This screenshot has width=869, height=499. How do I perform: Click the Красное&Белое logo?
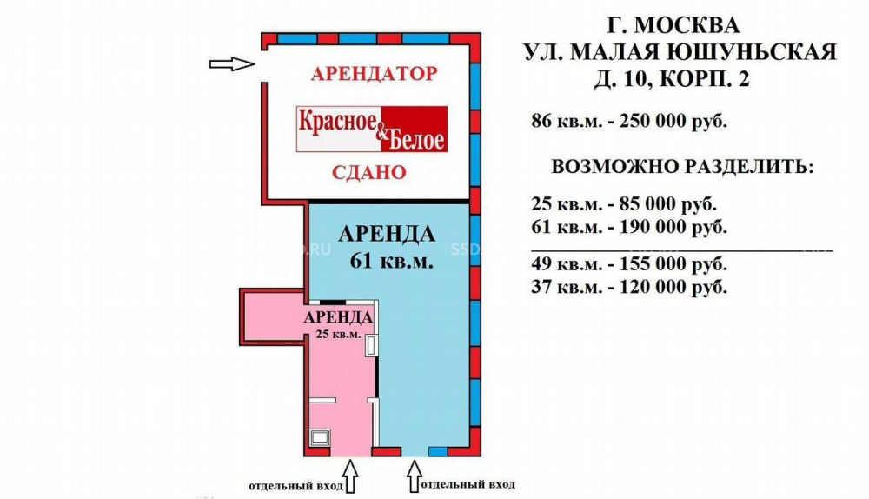[x=372, y=130]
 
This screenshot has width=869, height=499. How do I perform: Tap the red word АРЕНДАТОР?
[x=374, y=74]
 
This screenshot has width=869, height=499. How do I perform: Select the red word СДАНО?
[x=369, y=172]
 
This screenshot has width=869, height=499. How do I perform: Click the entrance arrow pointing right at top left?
[x=232, y=63]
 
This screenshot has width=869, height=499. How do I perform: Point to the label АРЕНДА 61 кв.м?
[x=387, y=247]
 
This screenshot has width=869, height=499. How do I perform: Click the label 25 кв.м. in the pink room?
[x=338, y=335]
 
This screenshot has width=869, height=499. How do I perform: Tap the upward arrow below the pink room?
[x=351, y=476]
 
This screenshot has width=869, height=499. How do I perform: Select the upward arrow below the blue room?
[x=415, y=476]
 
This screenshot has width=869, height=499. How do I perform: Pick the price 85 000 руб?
[x=667, y=204]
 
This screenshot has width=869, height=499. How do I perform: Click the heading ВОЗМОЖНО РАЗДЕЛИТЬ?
[x=683, y=167]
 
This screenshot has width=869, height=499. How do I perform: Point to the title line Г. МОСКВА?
[x=673, y=25]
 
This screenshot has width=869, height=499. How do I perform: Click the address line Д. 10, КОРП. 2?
[x=672, y=79]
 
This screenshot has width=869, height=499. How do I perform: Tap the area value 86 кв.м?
[x=567, y=121]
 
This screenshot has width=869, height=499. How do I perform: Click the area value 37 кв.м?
[x=567, y=287]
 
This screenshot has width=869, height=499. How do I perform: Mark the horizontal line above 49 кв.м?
[x=681, y=250]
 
